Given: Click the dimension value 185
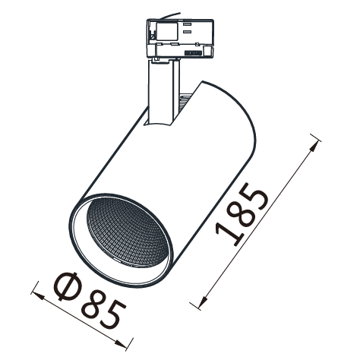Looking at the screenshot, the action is (242, 214).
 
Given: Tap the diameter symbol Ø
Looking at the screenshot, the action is (66, 286).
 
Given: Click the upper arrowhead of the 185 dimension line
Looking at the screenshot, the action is (314, 146).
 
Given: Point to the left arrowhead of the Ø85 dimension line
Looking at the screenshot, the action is (37, 295).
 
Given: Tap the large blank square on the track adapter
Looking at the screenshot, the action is (166, 31).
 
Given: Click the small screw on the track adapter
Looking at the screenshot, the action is (152, 36).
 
